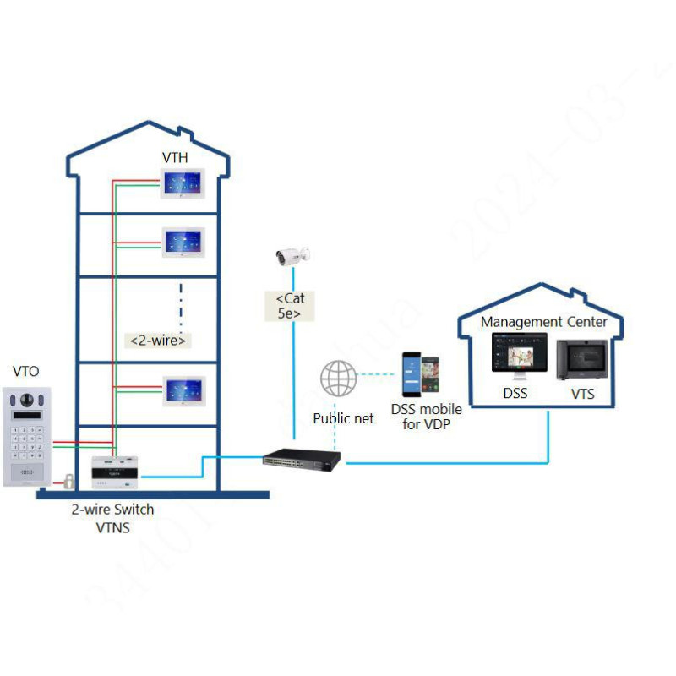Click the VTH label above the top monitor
pyautogui.click(x=175, y=158)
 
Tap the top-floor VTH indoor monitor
pyautogui.click(x=183, y=183)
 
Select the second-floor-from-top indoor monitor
pyautogui.click(x=183, y=243)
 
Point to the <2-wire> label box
pyautogui.click(x=158, y=341)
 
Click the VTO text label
pyautogui.click(x=25, y=371)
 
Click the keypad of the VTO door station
pyautogui.click(x=30, y=441)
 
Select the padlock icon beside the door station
pyautogui.click(x=65, y=482)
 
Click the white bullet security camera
pyautogui.click(x=292, y=254)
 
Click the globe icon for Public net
pyautogui.click(x=338, y=379)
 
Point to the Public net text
pyautogui.click(x=343, y=418)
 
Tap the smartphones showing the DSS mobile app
pyautogui.click(x=421, y=375)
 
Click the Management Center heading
pyautogui.click(x=543, y=322)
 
